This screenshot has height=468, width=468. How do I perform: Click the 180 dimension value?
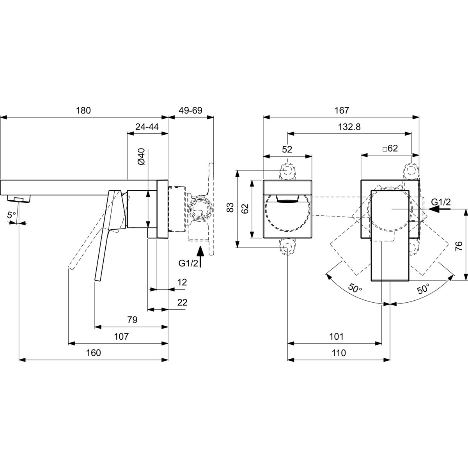tap(83, 110)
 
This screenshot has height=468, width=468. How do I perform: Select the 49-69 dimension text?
tap(190, 110)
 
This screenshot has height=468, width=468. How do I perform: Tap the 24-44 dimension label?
tap(147, 127)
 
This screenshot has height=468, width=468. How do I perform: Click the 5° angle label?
tap(11, 215)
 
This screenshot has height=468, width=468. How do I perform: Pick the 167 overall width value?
tap(342, 110)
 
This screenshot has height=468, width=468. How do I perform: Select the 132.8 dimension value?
tap(349, 127)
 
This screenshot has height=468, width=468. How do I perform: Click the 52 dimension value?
tap(287, 149)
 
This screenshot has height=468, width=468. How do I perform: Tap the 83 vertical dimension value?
tap(230, 207)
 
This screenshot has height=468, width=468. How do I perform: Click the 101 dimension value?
tap(336, 337)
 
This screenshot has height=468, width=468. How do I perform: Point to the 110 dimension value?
tap(339, 353)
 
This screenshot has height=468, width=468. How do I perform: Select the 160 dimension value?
tap(94, 353)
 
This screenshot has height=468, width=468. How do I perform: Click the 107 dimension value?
tap(121, 337)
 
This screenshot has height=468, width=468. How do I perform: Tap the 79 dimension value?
tap(132, 320)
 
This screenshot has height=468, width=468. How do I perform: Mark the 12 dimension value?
tap(182, 282)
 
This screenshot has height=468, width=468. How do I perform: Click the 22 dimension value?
tap(183, 303)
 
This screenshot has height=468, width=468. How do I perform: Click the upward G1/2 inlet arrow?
tap(200, 257)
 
